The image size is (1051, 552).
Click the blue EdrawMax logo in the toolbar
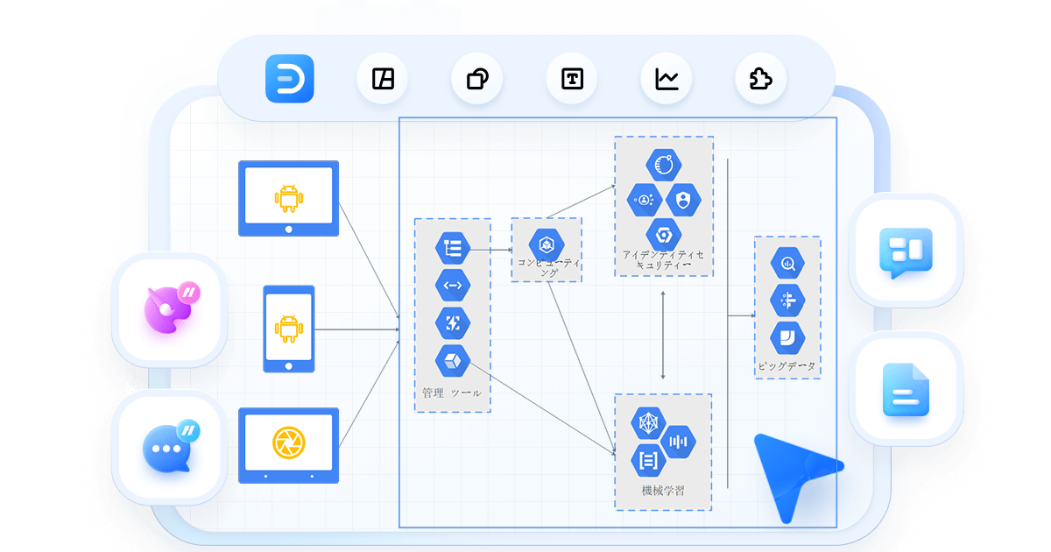coord(289,79)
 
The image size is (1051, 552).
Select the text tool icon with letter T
coord(572,79)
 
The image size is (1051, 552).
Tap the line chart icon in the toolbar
coord(667,79)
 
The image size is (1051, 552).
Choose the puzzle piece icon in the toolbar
coord(760,79)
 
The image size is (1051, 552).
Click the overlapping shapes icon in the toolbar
coord(477,79)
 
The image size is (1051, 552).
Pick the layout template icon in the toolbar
coord(383,79)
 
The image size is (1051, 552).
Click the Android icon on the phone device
coord(288,329)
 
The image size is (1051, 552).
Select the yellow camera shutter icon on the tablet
coord(288,441)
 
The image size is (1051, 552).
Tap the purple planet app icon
coord(167,309)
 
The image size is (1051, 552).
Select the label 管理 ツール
coord(451,393)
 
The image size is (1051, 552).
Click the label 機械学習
coord(663,492)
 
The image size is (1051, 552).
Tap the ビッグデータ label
coord(787,365)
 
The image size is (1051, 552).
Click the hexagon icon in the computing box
coord(545,243)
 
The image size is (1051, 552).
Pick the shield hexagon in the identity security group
coord(683,199)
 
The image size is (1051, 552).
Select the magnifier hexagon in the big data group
coord(787,263)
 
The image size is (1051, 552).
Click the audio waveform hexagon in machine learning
coord(679,441)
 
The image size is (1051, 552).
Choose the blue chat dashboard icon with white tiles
coord(906,251)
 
